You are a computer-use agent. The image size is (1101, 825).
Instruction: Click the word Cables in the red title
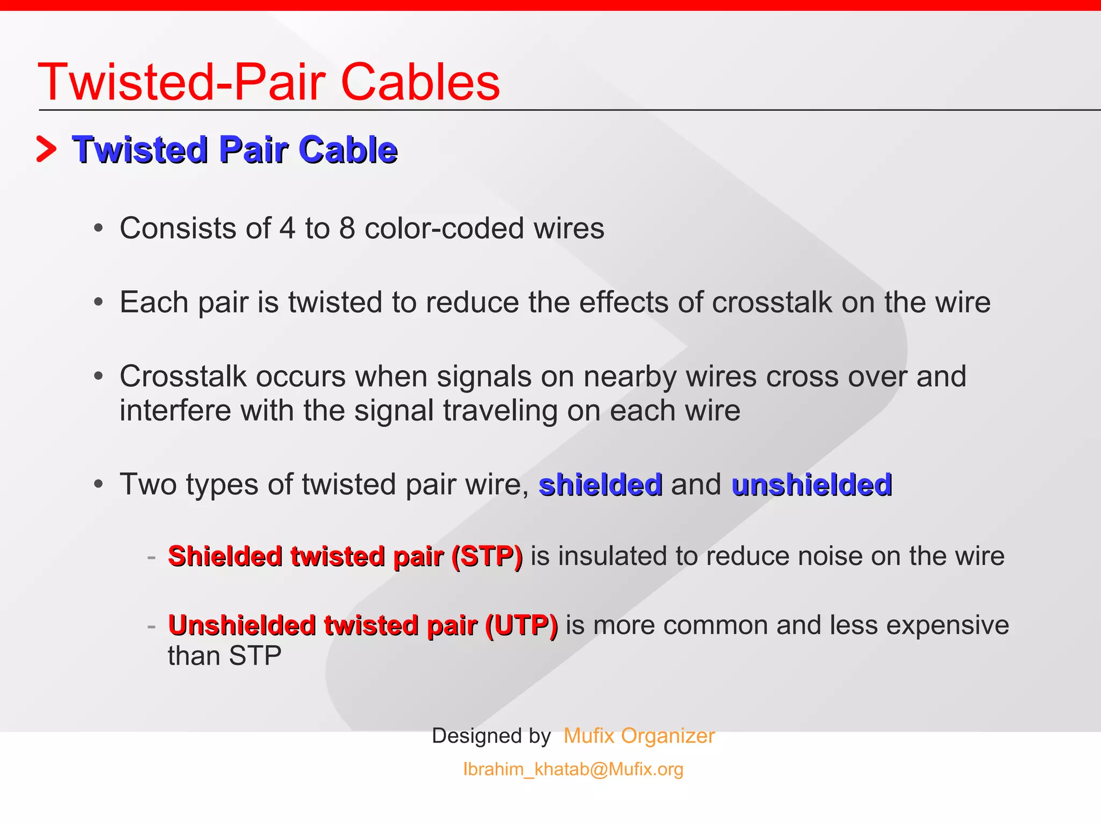coord(420,82)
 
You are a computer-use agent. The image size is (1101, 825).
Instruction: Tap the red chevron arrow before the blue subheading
coord(46,149)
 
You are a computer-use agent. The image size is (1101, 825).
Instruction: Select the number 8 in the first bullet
coord(347,228)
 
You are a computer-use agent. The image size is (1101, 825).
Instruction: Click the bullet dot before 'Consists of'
coord(98,229)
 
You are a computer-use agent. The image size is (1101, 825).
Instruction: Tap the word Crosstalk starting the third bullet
coord(183,377)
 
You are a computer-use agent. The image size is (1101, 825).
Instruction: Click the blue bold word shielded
coord(600,484)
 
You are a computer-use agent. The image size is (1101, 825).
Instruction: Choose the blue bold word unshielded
coord(812,484)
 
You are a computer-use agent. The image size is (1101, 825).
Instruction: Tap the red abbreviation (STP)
coord(487,556)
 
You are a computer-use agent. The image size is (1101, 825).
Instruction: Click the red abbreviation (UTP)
coord(521,626)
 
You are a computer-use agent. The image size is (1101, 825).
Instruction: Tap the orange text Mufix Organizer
coord(639,736)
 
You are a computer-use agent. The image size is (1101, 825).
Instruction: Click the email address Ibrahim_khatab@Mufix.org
coord(573,769)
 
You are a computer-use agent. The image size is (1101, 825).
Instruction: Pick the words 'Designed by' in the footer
coord(491,736)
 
